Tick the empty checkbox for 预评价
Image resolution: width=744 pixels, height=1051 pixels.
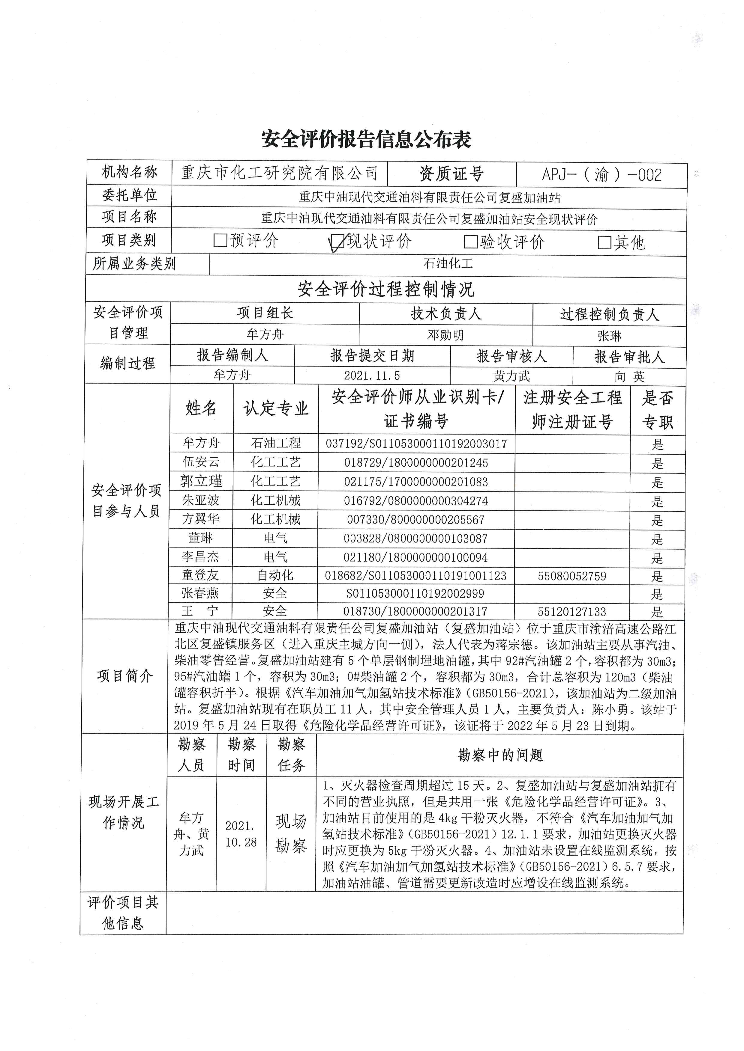[x=220, y=240]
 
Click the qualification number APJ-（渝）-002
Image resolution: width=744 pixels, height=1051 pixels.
[x=601, y=175]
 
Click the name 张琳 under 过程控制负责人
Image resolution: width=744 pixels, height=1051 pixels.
[x=609, y=336]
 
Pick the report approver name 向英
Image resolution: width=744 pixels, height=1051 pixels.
[x=629, y=377]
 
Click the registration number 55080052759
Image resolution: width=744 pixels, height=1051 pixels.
[x=572, y=576]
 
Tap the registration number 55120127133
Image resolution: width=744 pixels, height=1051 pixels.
[x=572, y=612]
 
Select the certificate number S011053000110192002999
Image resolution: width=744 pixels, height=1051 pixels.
[x=415, y=594]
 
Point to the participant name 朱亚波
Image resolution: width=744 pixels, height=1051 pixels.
[x=201, y=500]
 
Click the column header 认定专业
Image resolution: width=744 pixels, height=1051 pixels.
[x=276, y=408]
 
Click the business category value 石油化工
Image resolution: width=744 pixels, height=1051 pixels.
[x=448, y=264]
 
